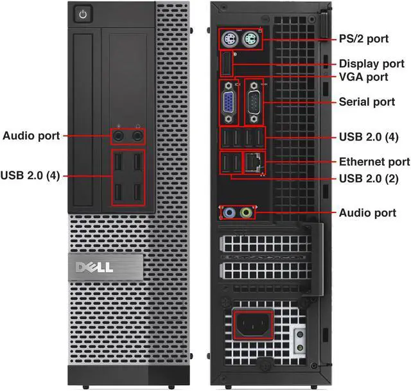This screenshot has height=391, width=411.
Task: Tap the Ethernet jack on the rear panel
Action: coord(254,163)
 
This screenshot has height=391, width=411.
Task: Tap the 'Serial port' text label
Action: coord(367,102)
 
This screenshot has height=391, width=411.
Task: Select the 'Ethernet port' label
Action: coord(374,162)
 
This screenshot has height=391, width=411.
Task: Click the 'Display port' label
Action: coord(371,64)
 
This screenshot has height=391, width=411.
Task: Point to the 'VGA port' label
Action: coord(363,77)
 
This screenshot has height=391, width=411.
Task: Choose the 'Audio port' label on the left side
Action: coord(31,135)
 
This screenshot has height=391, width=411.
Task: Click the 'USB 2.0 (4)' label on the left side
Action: coord(30,175)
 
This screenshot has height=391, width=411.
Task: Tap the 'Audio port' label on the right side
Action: coord(367,213)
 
